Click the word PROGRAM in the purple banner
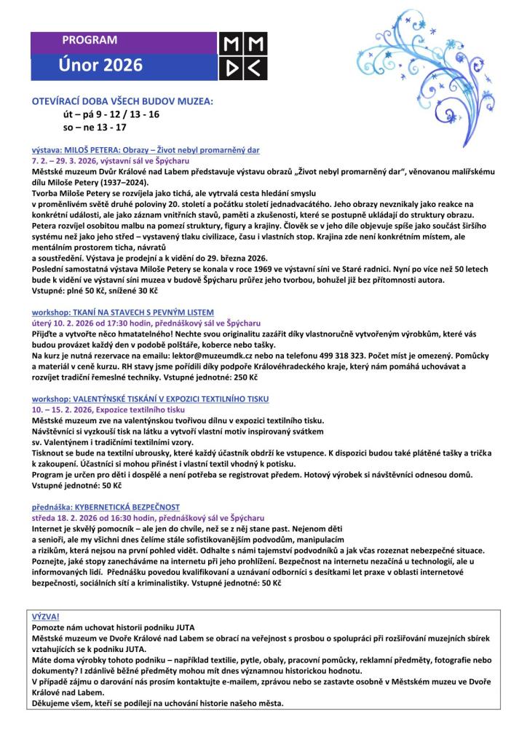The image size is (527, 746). pos(90,41)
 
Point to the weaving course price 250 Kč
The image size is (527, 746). pos(247,377)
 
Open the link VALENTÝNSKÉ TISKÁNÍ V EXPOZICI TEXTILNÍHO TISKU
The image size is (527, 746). pos(150,399)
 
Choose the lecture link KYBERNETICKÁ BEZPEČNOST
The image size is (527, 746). pos(106,506)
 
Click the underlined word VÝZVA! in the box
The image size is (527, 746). pos(46,616)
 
